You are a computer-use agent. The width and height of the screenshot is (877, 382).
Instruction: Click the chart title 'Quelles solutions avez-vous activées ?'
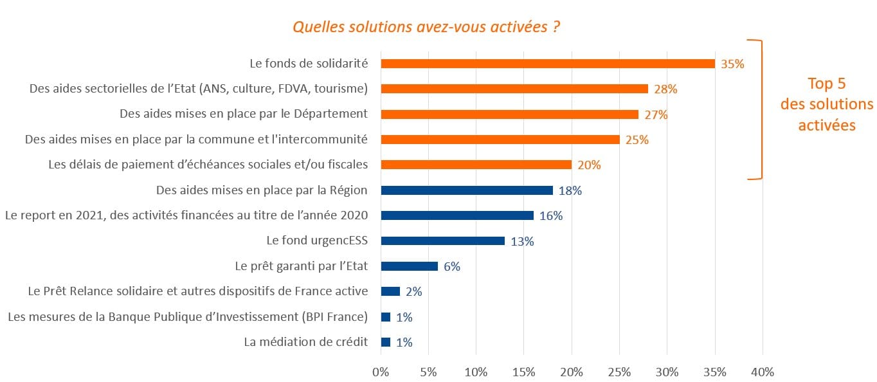pos(425,27)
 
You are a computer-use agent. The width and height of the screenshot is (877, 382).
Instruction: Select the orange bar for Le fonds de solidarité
pos(548,64)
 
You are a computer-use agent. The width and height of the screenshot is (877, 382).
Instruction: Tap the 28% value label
pos(665,89)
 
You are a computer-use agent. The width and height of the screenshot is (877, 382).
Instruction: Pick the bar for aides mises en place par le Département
pos(509,114)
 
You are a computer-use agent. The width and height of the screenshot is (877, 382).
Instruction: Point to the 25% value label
pos(637,140)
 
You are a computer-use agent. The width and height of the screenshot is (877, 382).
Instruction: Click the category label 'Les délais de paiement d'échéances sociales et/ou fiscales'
pos(208,165)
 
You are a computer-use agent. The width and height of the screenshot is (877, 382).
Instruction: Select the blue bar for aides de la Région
pos(467,190)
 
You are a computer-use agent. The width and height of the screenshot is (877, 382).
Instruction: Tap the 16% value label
pos(551,216)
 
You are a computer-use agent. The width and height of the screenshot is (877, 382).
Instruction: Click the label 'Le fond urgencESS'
pos(317,241)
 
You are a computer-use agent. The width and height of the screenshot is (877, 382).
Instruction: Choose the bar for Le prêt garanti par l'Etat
pos(410,266)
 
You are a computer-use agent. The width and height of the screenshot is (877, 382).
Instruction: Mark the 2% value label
pos(413,292)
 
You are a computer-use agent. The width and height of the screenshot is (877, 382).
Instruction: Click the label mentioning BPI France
pos(188,316)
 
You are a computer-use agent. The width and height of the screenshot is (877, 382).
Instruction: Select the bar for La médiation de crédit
pos(386,342)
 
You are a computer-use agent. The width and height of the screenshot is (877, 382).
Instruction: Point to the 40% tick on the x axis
pos(763,372)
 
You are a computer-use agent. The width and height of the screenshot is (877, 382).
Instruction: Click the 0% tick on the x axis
pos(381,372)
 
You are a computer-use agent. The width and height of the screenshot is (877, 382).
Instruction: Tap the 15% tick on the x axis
pos(524,372)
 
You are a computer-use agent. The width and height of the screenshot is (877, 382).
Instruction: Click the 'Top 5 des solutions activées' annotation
pos(826,104)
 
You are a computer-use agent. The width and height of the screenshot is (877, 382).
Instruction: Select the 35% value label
pos(732,64)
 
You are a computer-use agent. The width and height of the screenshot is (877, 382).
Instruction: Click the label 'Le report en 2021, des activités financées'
pos(186,215)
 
